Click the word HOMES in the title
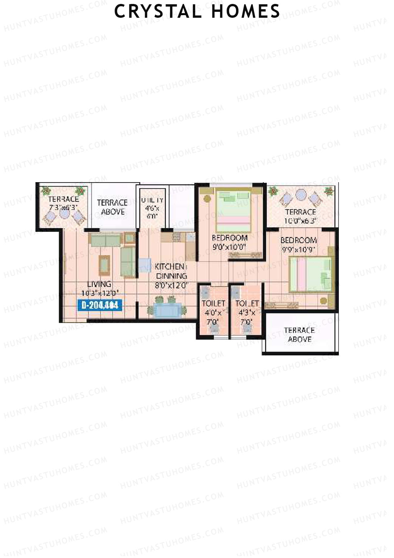[x=246, y=11]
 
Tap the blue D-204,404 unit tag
[x=99, y=305]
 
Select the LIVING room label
[x=99, y=284]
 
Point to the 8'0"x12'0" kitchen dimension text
[x=171, y=285]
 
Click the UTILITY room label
[x=152, y=200]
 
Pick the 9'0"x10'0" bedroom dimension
[x=230, y=247]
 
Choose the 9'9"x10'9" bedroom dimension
[x=298, y=250]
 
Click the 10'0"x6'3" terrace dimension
[x=300, y=221]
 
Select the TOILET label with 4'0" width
[x=213, y=303]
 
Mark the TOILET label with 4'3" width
[x=247, y=303]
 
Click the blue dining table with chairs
[x=167, y=310]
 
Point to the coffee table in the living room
[x=105, y=264]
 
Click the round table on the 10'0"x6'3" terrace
[x=301, y=195]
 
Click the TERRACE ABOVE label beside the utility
[x=112, y=207]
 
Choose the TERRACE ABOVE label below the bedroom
[x=299, y=334]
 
